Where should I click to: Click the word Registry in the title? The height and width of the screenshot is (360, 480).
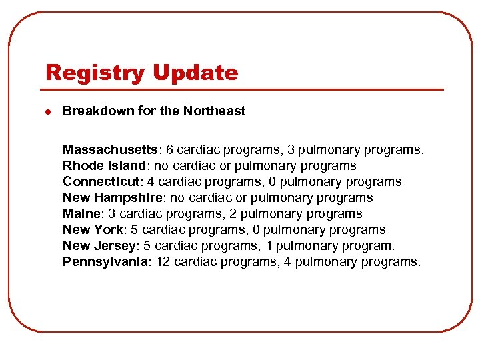(x=91, y=73)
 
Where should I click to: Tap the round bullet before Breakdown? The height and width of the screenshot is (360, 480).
(x=46, y=111)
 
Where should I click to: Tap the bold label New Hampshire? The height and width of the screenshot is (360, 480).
(x=110, y=197)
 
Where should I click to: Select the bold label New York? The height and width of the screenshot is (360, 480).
(x=93, y=229)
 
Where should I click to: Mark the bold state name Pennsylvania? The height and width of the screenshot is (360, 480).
(x=105, y=261)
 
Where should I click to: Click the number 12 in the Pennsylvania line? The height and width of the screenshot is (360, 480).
(x=162, y=261)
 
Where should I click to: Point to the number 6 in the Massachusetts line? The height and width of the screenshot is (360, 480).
(x=170, y=149)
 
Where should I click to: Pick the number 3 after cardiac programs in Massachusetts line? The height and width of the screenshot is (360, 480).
(x=291, y=149)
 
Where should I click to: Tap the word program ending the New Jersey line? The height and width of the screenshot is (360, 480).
(x=368, y=245)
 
